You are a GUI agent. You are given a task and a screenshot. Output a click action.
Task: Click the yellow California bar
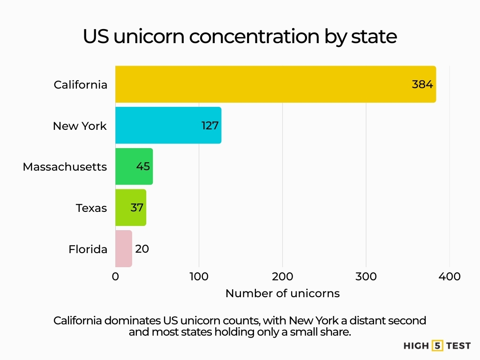[x=262, y=84]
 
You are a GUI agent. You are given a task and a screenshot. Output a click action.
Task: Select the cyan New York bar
[x=159, y=126]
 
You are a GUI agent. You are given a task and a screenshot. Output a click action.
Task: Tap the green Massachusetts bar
[x=127, y=166]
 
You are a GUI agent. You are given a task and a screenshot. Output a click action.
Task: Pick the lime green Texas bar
[x=124, y=208]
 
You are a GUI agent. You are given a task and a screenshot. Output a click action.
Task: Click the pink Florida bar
[x=123, y=249]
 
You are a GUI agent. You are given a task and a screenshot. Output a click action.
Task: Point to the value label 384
[x=422, y=84]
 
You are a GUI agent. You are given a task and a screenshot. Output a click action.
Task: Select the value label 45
[x=143, y=166]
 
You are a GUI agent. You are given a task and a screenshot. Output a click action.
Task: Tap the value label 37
[x=137, y=208]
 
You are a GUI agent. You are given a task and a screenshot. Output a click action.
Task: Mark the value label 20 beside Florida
[x=142, y=249]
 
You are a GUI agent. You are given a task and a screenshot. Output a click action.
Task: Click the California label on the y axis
[x=80, y=85]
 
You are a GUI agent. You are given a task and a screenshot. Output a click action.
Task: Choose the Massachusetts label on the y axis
[x=65, y=167]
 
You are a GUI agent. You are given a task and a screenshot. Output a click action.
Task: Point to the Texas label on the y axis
[x=91, y=208]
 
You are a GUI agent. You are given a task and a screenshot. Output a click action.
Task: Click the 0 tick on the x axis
[x=115, y=277]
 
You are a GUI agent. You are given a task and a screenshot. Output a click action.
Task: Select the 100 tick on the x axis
[x=199, y=277]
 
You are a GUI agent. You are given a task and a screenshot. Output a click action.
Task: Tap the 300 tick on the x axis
[x=366, y=277]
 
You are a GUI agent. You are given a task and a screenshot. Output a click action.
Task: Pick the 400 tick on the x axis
[x=450, y=277]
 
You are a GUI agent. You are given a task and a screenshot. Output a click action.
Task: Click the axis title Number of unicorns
[x=282, y=294]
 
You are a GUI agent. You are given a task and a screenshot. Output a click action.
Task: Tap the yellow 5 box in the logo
[x=438, y=346]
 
